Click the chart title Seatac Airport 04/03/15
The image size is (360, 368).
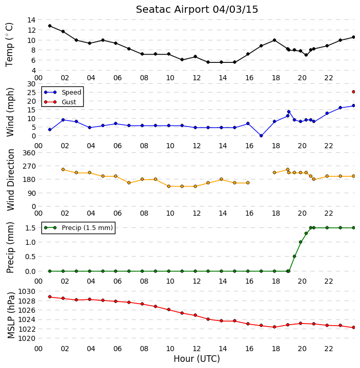[x=197, y=10]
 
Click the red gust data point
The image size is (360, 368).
[x=354, y=92]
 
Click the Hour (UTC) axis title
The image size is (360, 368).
[x=197, y=359]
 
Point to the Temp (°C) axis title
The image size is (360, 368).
[x=9, y=44]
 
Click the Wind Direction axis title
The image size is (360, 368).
[x=11, y=180]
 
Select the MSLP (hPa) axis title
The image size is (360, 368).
[x=11, y=315]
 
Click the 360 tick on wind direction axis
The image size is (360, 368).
[x=29, y=153]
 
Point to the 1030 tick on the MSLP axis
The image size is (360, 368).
[x=27, y=291]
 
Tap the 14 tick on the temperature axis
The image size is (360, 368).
[x=32, y=20]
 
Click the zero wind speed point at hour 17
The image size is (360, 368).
[x=261, y=135]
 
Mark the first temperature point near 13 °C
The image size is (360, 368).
[x=50, y=26]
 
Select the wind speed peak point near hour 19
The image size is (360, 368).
[x=289, y=112]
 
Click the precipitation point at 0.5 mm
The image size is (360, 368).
[x=294, y=256]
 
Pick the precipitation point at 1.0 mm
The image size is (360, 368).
[x=300, y=242]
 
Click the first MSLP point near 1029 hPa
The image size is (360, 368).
[x=50, y=296]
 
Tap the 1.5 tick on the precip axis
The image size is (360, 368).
[x=31, y=228]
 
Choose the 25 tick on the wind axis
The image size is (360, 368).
[x=32, y=93]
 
